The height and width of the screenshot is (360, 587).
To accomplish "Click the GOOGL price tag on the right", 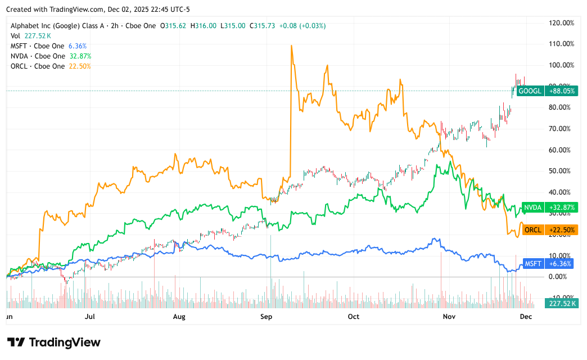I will click(530, 91).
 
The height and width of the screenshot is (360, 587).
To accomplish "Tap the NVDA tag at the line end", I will click(531, 208).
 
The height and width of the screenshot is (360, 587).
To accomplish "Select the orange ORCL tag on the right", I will click(532, 229).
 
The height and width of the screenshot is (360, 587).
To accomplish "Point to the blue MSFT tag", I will click(532, 263).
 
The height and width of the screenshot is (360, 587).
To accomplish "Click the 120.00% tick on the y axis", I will click(561, 23).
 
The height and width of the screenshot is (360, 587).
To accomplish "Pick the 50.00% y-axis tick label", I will click(561, 170).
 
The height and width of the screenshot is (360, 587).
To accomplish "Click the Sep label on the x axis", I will click(266, 317).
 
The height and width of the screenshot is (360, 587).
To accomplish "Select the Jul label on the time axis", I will click(89, 317).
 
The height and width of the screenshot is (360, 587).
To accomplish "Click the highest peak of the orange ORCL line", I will click(291, 46).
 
